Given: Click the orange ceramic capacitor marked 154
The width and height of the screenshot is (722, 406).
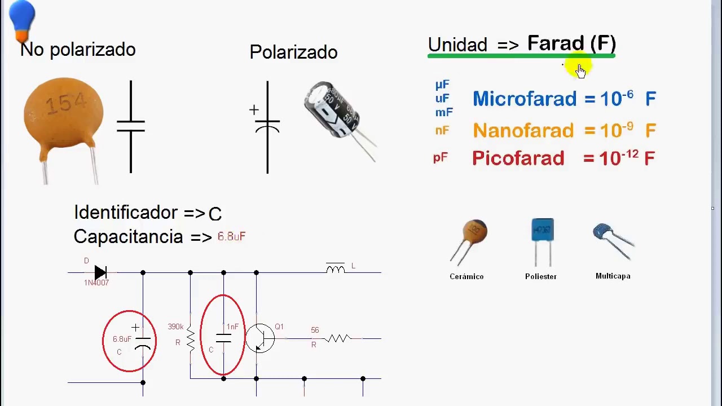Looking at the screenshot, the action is coord(63,116).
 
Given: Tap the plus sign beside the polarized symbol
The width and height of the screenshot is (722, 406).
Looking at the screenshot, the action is coord(254,109).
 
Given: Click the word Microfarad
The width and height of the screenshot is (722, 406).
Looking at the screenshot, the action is coord(525,99).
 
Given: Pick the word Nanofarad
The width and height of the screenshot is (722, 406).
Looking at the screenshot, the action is coord(523,131).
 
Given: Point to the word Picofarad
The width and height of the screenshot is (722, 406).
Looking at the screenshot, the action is coord(518,158).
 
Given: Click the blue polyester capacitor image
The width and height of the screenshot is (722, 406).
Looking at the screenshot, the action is coord(543,231).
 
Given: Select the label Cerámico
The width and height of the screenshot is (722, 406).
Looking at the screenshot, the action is coord(466,276).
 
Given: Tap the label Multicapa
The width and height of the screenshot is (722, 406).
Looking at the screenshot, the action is coord(613,276).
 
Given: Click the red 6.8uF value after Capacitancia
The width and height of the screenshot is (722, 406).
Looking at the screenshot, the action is coord(231,236).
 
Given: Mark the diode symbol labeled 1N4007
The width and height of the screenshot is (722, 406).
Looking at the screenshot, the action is coord(100,273).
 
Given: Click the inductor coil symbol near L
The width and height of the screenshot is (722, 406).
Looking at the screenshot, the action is coord(335,268).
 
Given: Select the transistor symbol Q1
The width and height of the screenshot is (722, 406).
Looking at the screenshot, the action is coord(261,338).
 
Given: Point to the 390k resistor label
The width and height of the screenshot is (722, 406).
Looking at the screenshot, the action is coord(175,326).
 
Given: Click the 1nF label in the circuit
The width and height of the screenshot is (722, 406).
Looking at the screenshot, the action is coord(232,326).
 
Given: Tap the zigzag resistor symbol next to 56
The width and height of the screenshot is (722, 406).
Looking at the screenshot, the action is coord(338,338).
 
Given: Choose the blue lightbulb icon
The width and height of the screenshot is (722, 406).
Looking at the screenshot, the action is coord(23,20).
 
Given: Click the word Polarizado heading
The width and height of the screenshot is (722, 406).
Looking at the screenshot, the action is coord(293,52).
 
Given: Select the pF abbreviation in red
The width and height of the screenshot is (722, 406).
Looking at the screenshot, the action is coord(440,158).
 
